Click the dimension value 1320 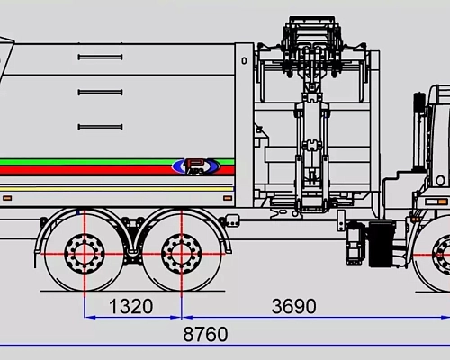coord(131,307)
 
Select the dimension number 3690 coord(293,307)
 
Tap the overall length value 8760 coord(205,335)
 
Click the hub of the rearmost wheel coord(85,251)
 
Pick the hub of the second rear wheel coord(181,251)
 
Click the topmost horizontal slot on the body coord(100,58)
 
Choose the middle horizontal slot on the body coord(100,91)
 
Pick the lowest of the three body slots coord(100,126)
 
